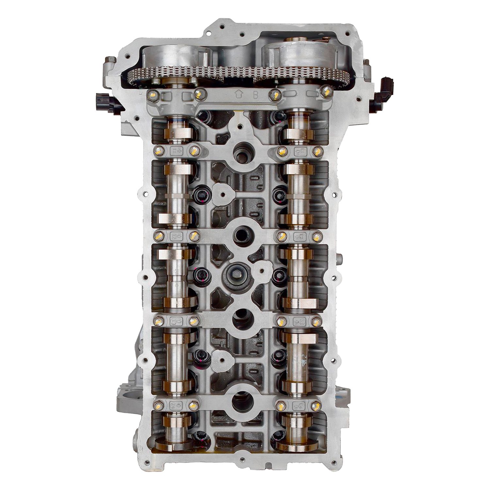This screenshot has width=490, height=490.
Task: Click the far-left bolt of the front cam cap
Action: coord(152,95)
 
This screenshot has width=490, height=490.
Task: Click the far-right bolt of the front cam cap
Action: coord(325,92)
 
